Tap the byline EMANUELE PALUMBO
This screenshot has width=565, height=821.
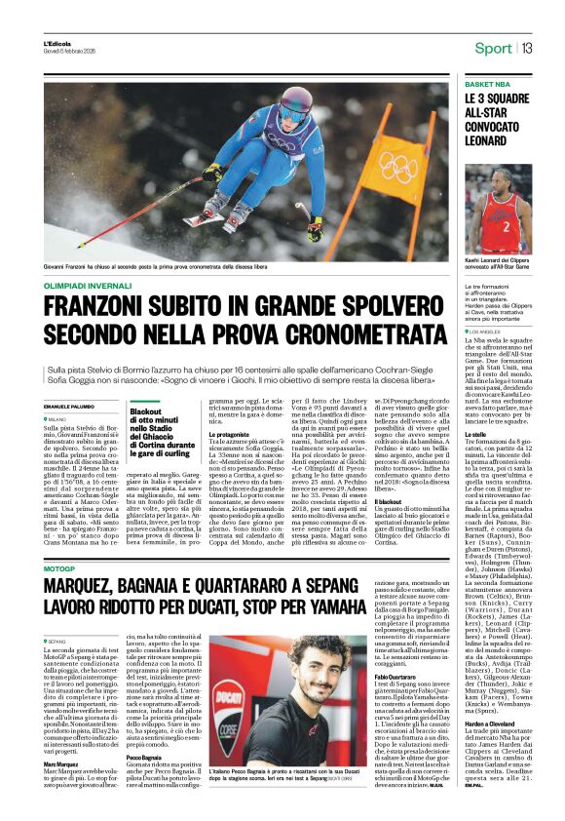coord(71,406)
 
